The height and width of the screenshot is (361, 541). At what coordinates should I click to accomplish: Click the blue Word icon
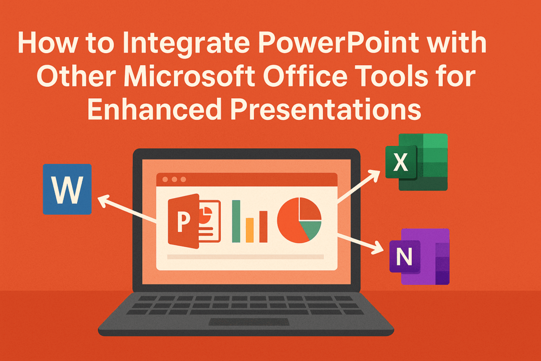coord(67,189)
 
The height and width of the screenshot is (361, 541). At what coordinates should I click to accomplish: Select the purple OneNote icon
coord(419,256)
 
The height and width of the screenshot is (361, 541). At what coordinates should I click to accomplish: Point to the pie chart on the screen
coord(299,221)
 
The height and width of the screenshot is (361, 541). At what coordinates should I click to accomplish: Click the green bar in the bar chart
coord(236,221)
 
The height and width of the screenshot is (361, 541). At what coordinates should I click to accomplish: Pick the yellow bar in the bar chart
coord(250,230)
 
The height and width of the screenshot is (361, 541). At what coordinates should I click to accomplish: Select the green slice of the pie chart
coord(311,230)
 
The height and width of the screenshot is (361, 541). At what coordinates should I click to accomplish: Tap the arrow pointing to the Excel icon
coord(358,187)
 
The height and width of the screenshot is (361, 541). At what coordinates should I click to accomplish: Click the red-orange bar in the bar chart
coord(263,226)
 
